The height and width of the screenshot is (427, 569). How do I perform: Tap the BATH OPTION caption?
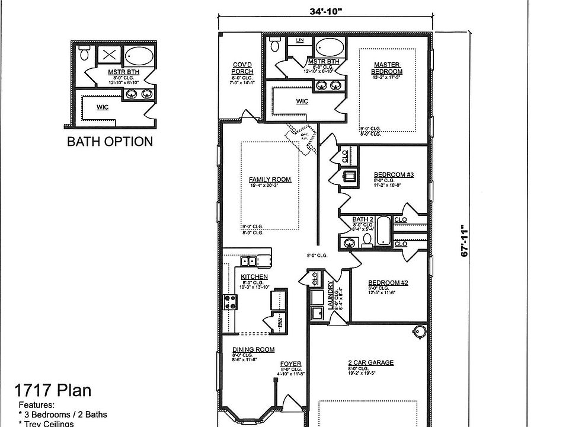pos(110,141)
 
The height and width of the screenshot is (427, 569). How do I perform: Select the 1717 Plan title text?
pos(53,390)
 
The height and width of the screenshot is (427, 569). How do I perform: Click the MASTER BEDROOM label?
pos(387,68)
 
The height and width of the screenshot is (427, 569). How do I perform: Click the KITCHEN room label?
pos(254,277)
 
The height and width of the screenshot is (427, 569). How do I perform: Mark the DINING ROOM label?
pos(253,350)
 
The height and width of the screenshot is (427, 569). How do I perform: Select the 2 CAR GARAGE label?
pos(370,362)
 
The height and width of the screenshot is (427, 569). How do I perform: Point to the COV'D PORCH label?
pos(242,68)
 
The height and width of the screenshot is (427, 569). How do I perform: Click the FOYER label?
pos(290,364)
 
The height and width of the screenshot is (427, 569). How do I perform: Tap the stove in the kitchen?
pos(230,302)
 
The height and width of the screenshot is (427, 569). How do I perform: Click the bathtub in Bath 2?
pos(383,231)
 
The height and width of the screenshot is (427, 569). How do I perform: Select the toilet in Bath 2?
pos(367,240)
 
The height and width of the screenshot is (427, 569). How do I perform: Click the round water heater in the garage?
pos(420,331)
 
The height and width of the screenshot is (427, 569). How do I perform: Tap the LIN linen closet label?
pos(300,40)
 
